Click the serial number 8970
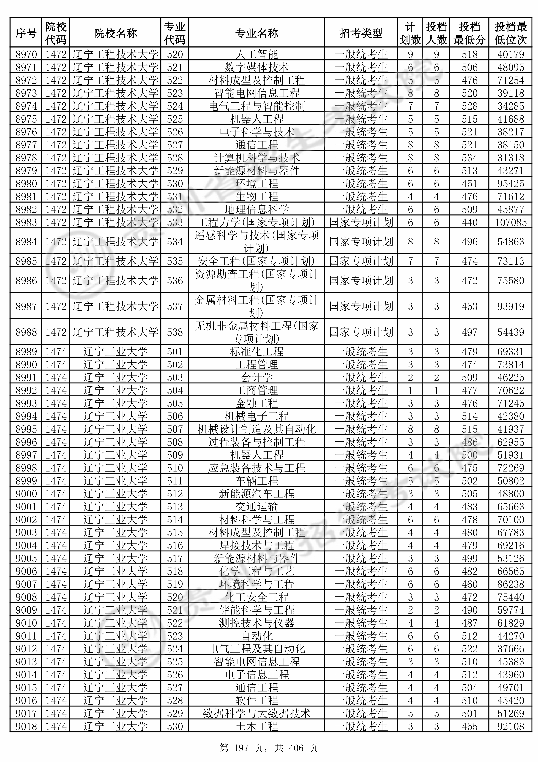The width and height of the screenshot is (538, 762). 26,54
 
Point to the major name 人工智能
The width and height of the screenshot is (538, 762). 256,54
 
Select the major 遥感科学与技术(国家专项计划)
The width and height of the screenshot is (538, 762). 256,242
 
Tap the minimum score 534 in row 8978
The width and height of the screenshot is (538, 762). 469,158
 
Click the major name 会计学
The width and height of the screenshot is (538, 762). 256,377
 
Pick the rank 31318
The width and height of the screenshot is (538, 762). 510,158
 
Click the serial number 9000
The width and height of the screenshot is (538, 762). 26,494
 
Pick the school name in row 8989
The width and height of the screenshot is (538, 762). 115,351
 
